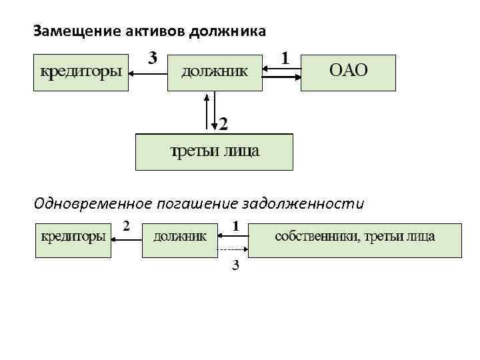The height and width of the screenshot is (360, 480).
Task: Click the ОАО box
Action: click(349, 72)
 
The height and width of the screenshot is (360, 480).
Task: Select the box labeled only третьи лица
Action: click(214, 152)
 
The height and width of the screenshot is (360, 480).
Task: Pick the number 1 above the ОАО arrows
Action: click(285, 59)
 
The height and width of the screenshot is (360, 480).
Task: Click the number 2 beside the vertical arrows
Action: click(223, 124)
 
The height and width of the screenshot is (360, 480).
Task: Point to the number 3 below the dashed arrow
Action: click(235, 265)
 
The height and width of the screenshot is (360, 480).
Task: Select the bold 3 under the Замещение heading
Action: click(153, 58)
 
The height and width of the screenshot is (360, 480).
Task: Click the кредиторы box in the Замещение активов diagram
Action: click(81, 72)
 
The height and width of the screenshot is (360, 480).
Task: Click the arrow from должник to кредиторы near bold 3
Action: click(147, 74)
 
